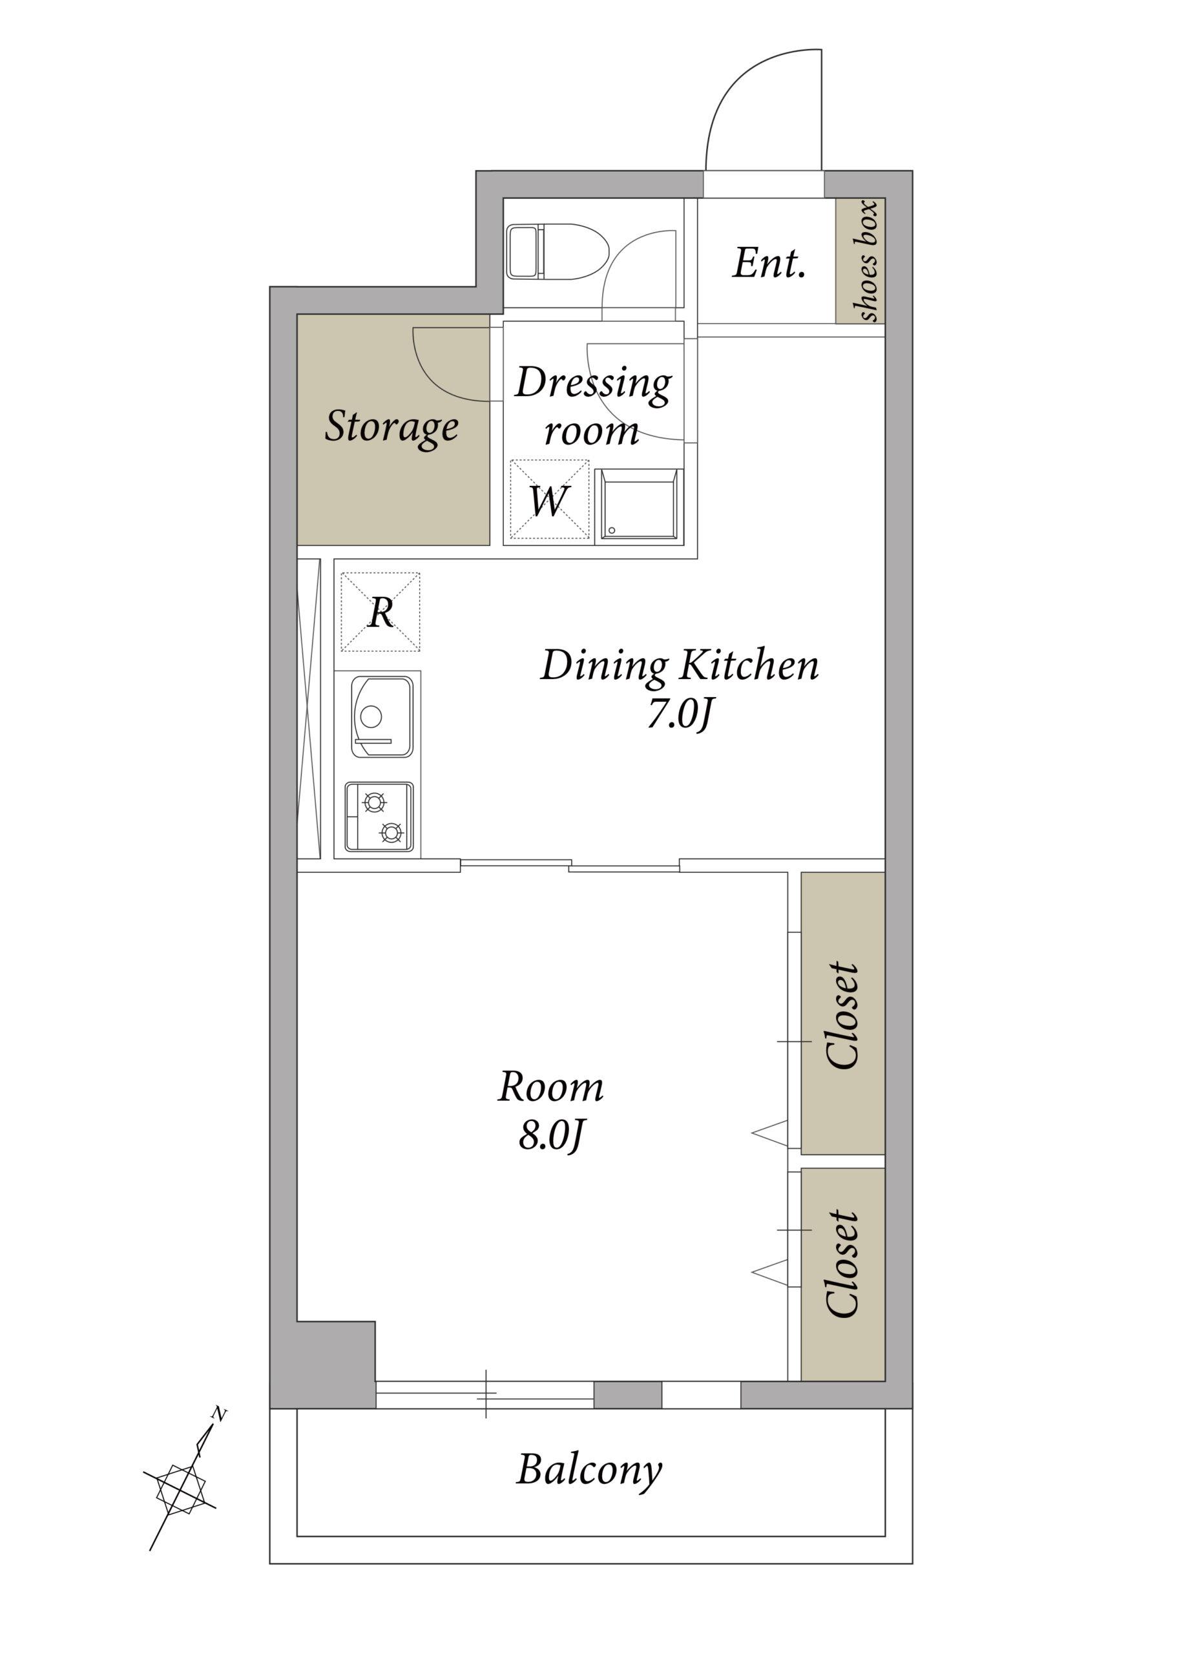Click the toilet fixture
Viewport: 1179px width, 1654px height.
click(x=558, y=251)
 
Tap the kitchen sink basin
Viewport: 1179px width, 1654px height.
click(x=382, y=717)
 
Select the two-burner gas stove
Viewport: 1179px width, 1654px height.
click(x=379, y=816)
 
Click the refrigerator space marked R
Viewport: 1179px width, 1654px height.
click(x=381, y=611)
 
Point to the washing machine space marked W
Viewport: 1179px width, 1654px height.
click(x=549, y=499)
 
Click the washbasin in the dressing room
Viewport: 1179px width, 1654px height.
click(x=639, y=505)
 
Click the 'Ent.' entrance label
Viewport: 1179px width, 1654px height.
click(x=769, y=263)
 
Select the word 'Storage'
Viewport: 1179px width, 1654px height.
click(x=391, y=427)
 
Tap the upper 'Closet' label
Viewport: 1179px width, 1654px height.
click(x=844, y=1016)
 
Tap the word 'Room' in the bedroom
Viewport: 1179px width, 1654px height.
click(x=551, y=1087)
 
